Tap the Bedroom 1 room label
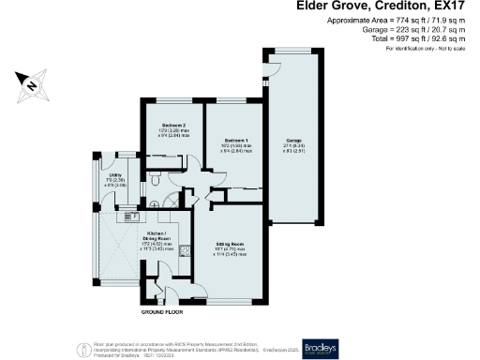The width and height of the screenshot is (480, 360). coord(234,139)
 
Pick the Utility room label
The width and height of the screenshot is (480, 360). coord(115,174)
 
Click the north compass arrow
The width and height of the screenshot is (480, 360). coord(31,84)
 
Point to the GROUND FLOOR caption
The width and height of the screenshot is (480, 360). coord(160,310)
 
